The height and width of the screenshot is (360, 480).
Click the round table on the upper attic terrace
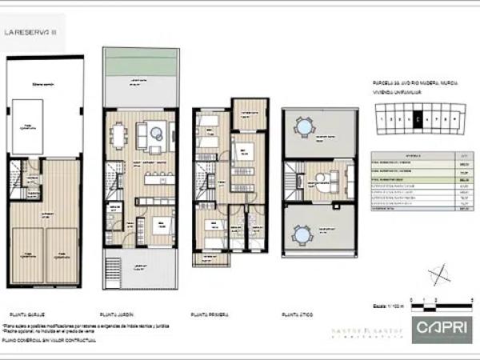click(x=303, y=127)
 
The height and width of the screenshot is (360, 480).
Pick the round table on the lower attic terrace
click(x=303, y=234)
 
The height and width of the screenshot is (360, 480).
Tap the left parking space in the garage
click(x=26, y=255)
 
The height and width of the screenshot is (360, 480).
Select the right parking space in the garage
click(x=62, y=255)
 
